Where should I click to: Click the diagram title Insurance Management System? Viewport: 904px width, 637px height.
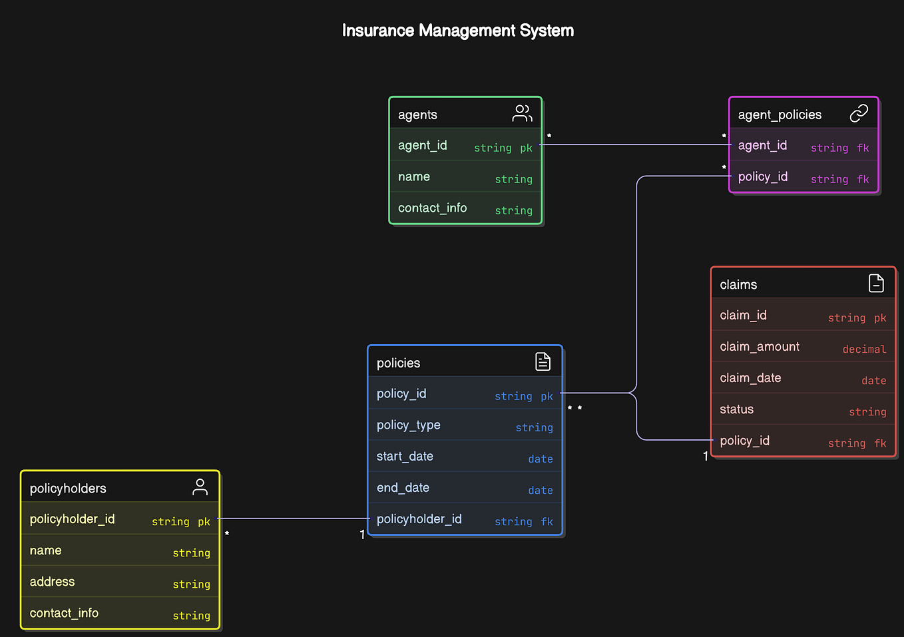(x=457, y=31)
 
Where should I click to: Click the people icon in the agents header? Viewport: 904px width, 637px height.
(x=522, y=114)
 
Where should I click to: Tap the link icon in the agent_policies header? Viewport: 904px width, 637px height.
(x=859, y=114)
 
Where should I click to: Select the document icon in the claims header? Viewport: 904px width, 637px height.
(x=876, y=284)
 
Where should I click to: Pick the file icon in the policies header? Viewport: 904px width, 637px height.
(x=543, y=361)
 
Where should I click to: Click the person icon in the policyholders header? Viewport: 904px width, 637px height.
(x=200, y=487)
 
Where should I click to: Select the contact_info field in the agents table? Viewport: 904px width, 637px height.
(x=432, y=208)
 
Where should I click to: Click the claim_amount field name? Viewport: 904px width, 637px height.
(x=760, y=347)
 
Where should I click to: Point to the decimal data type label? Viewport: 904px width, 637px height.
(x=864, y=349)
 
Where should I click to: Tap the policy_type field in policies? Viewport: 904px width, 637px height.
(x=408, y=425)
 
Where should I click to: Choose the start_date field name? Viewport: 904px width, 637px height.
(x=405, y=457)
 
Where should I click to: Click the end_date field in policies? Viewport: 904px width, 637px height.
(x=403, y=488)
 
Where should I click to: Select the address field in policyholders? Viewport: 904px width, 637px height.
(x=52, y=582)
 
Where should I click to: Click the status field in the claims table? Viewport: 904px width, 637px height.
(x=736, y=409)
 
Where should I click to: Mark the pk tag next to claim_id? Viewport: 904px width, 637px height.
(x=880, y=318)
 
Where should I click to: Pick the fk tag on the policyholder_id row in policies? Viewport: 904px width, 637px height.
(x=547, y=522)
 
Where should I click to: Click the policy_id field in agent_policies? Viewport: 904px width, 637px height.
(x=762, y=177)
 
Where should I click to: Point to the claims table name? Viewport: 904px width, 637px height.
(x=738, y=285)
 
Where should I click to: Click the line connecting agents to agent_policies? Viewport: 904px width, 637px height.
(x=636, y=144)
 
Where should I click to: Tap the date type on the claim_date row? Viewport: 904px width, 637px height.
(x=873, y=381)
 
